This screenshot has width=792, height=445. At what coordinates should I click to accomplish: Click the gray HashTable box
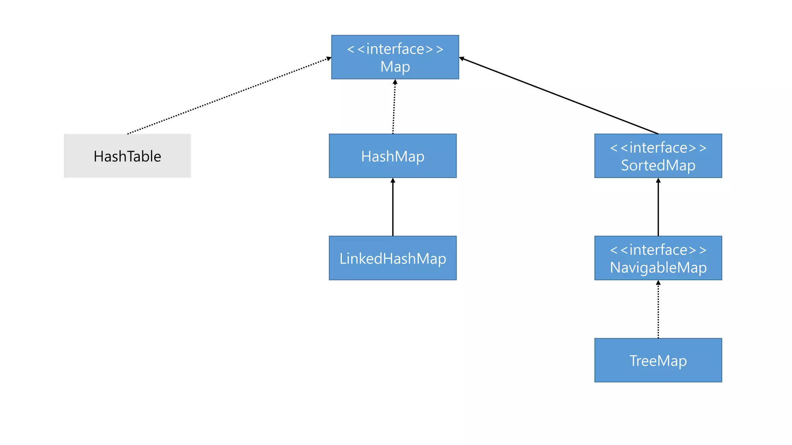(x=127, y=156)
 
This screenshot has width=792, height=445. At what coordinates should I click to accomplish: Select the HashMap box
(x=393, y=156)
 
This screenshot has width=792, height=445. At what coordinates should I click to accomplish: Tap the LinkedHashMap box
(x=393, y=258)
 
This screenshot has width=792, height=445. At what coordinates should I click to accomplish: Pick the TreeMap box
(x=658, y=360)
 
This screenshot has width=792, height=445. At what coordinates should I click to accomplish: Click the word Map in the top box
(x=395, y=67)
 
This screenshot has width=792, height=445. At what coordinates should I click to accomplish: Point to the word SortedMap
(x=658, y=165)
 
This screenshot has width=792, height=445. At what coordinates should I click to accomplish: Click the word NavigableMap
(x=658, y=267)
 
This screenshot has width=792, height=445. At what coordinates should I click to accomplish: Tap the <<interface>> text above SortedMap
(x=658, y=148)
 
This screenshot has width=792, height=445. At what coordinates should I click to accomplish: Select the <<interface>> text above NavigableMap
(x=658, y=250)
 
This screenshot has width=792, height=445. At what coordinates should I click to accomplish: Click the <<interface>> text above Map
(x=395, y=49)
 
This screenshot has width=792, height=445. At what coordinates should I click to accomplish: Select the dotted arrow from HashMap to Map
(x=394, y=108)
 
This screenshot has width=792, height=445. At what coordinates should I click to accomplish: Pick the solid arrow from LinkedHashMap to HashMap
(x=393, y=209)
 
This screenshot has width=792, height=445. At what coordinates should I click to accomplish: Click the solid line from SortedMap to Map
(x=559, y=96)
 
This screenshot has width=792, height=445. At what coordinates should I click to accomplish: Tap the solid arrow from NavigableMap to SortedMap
(x=658, y=209)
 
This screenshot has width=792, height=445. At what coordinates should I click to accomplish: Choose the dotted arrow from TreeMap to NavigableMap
(x=658, y=311)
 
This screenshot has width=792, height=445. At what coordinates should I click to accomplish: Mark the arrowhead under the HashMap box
(x=393, y=180)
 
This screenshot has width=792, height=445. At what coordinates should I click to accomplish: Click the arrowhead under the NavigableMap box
(x=658, y=283)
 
